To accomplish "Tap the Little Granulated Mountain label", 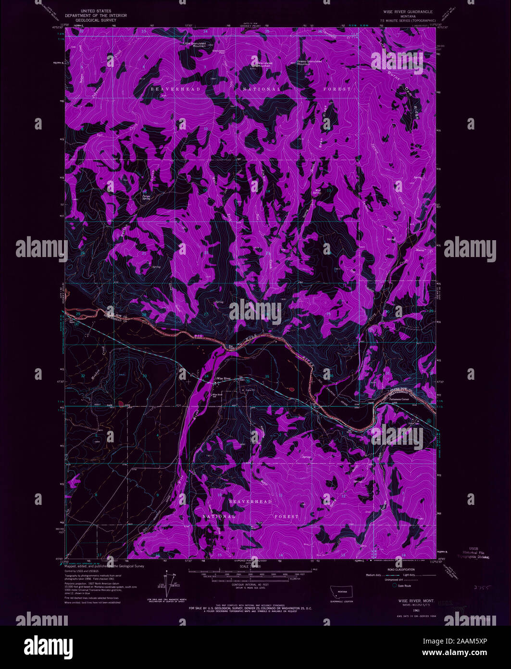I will [x=194, y=44].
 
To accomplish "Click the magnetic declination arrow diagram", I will [x=167, y=580].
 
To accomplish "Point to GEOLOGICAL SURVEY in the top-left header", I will [x=104, y=21].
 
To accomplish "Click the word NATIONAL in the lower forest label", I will [x=219, y=516].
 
